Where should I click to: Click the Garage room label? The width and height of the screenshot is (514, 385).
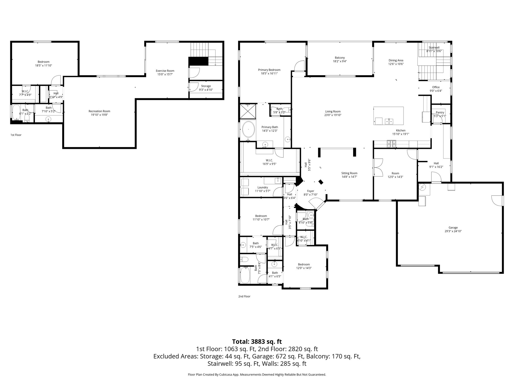coord(453,228)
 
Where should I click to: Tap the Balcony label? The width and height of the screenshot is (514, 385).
coord(340,58)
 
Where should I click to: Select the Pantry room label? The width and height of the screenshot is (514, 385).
coord(440,113)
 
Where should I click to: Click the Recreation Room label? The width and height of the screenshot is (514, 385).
coord(99,111)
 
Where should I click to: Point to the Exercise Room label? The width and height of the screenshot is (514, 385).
coord(165,71)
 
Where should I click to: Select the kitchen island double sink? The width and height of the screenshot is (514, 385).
coord(389,122)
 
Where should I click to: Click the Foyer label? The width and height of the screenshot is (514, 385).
coord(310,191)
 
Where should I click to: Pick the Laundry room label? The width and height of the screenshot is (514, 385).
coord(263,187)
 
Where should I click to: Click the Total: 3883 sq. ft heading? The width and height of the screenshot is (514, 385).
coord(257,342)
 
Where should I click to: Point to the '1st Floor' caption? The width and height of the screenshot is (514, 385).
coord(16,135)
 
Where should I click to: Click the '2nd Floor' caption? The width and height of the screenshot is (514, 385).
coord(244,296)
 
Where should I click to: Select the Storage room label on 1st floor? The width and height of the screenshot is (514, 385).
coord(206,86)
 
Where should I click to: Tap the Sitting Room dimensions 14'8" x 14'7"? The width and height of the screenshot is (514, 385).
coord(349,177)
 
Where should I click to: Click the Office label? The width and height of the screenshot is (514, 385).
coord(436,87)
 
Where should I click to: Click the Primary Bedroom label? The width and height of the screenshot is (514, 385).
coord(269,70)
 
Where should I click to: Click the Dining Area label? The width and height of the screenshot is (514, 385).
coord(396,60)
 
